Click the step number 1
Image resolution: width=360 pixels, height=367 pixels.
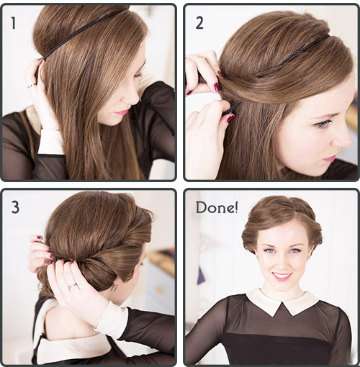point(14,23)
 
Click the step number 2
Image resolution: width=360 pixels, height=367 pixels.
point(199,23)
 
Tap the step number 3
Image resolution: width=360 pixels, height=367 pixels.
point(15,207)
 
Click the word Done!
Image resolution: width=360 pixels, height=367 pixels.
point(217,207)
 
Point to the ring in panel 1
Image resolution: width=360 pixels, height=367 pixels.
point(32,86)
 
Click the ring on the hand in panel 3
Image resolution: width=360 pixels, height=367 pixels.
point(73,286)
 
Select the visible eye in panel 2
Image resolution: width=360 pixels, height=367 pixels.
point(321,124)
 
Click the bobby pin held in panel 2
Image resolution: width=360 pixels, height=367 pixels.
point(231,109)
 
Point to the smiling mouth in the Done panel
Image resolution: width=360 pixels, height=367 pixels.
point(283,276)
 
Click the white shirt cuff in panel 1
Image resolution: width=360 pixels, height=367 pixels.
point(50,142)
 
